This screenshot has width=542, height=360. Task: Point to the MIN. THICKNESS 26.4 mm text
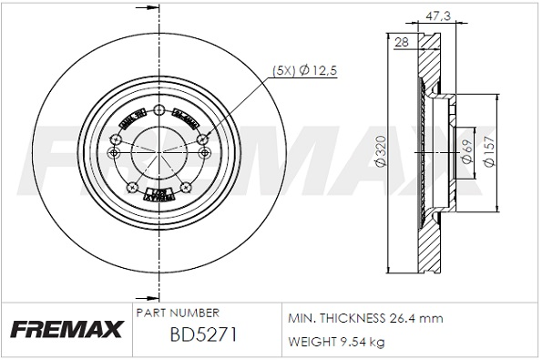click(364, 318)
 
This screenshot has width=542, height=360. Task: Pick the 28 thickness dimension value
click(402, 42)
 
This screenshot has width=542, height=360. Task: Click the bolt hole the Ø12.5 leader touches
click(202, 138)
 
